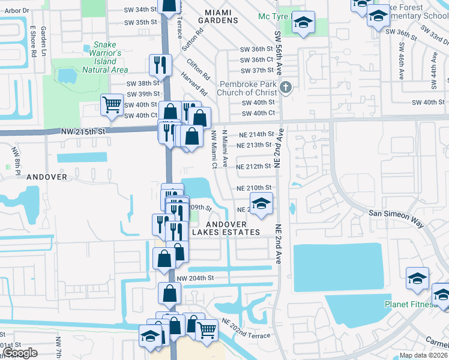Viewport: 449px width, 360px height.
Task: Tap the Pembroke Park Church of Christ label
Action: pos(248,88)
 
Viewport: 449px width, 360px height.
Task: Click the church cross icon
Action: pos(286,88)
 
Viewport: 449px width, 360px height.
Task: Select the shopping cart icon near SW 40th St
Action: pos(112,104)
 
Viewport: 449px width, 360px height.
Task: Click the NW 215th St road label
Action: pos(83,131)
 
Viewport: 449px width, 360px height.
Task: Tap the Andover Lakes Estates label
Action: pos(226,228)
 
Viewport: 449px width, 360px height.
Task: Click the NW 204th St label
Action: pos(196,278)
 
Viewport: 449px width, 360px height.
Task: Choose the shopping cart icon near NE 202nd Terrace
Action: pos(206,329)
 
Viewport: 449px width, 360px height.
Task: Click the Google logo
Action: pos(20,353)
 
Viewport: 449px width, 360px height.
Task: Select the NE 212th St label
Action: pos(255,166)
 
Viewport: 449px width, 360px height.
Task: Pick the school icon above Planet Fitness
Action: pos(417,278)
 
